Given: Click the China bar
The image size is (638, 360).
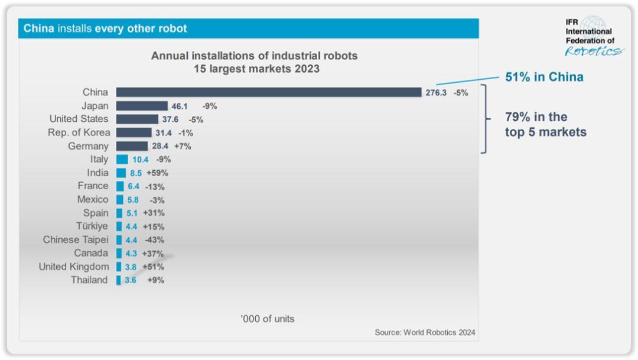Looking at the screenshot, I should click(269, 92).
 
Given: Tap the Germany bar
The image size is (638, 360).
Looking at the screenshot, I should click(132, 146).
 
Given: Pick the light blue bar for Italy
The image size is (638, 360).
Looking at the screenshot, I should click(122, 160).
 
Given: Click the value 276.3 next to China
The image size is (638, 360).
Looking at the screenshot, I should click(436, 93).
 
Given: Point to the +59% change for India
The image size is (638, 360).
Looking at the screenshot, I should click(157, 173).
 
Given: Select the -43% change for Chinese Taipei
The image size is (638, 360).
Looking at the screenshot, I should click(154, 240).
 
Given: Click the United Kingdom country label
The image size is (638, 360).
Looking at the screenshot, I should click(74, 267).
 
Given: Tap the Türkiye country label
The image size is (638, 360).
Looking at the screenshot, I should click(92, 226).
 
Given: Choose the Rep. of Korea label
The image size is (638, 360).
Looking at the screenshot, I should click(79, 132).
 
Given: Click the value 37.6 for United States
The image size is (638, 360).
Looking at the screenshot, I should click(170, 119).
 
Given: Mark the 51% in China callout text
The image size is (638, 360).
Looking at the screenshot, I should click(544, 77).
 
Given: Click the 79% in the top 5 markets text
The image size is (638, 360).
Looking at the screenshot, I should click(545, 125).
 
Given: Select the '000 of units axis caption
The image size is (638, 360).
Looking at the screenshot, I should click(267, 319).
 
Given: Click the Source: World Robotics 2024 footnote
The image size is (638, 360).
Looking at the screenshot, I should click(425, 333).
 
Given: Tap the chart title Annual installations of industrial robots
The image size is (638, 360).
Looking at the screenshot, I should click(254, 56).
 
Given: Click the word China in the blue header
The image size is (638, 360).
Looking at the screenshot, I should click(39, 28).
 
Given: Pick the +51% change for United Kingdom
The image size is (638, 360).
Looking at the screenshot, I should click(153, 267).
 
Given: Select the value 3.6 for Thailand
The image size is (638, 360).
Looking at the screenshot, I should click(130, 280).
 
